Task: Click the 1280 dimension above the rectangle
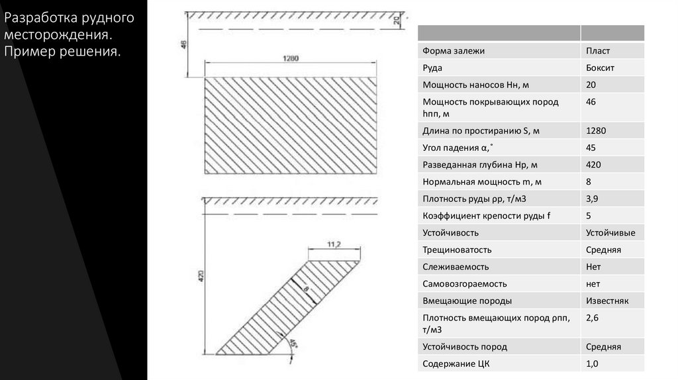290,58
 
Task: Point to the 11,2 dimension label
334,245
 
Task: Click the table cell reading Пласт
598,50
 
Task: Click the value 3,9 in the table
592,199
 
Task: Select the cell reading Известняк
607,301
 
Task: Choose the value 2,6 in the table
592,318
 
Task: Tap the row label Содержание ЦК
456,363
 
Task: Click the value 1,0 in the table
592,363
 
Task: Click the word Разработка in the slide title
39,17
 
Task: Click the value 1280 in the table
596,131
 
